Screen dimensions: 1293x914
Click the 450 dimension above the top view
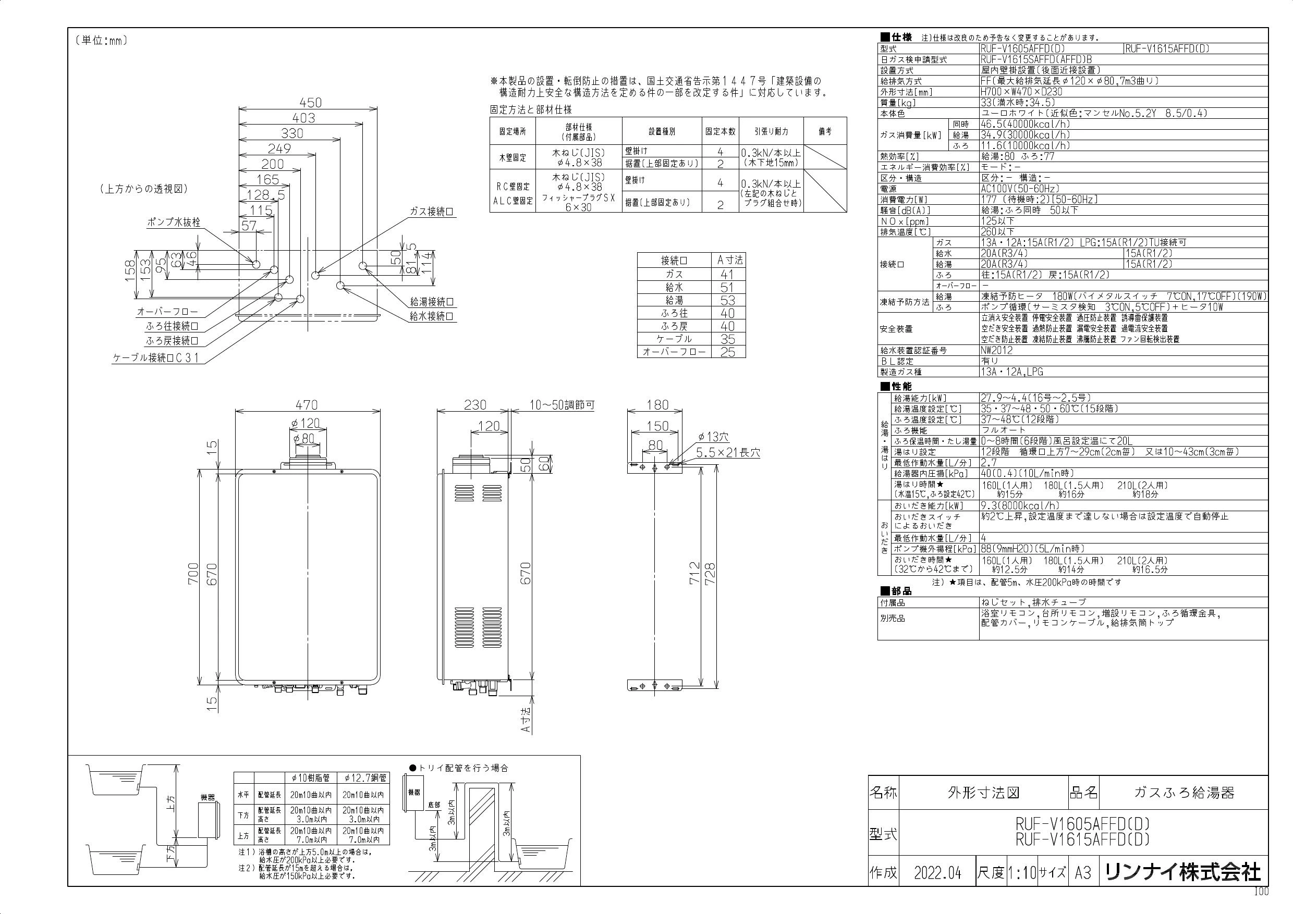click(x=310, y=103)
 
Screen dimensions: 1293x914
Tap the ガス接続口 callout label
click(x=432, y=212)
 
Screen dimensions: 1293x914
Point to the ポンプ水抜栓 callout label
click(x=174, y=223)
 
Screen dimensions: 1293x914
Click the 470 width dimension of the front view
click(x=307, y=405)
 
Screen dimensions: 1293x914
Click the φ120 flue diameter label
click(x=306, y=423)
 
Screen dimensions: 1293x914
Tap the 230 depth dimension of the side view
click(x=475, y=405)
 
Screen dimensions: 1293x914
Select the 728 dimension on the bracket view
click(x=710, y=574)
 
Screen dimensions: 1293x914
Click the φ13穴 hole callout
click(x=713, y=437)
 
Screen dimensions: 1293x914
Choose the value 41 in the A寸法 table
click(x=728, y=274)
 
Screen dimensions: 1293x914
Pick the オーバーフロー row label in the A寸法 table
click(x=674, y=352)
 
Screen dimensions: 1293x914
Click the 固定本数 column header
click(x=720, y=131)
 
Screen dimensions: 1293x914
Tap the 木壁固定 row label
click(x=513, y=158)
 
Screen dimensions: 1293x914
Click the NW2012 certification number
click(x=996, y=350)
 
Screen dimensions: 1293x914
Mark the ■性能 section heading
click(x=896, y=387)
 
